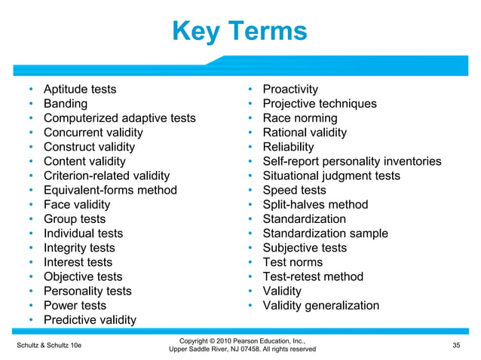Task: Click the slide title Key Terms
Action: (240, 32)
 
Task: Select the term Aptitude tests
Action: (80, 90)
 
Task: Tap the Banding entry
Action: (66, 104)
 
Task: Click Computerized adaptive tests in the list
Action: (119, 118)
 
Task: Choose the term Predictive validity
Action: (90, 320)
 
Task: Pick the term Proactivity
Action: (290, 90)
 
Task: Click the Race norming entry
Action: (300, 118)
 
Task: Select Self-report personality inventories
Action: (352, 161)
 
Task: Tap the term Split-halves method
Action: (315, 205)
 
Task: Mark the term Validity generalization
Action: (321, 306)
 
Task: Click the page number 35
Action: (455, 344)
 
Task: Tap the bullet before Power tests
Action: (31, 306)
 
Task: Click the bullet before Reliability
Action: (250, 147)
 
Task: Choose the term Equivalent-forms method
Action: (110, 191)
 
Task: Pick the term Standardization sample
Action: (326, 233)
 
